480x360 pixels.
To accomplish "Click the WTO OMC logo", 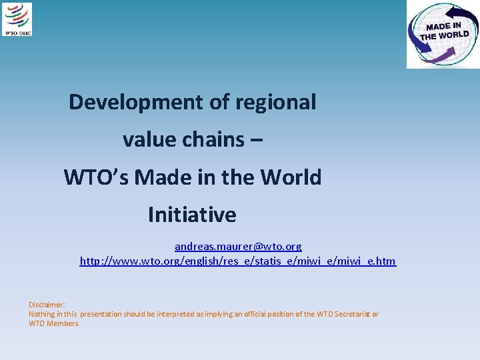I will (x=17, y=19).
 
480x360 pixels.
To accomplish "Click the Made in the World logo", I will (x=443, y=34).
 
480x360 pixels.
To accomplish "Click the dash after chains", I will (x=257, y=140).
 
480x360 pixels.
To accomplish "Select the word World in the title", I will (x=291, y=177).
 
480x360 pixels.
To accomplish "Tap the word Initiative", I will (x=192, y=215).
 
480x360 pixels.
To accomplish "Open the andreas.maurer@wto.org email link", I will (x=238, y=247).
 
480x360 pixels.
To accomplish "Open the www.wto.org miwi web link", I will (x=238, y=261).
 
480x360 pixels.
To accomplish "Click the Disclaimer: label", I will (x=47, y=304).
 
